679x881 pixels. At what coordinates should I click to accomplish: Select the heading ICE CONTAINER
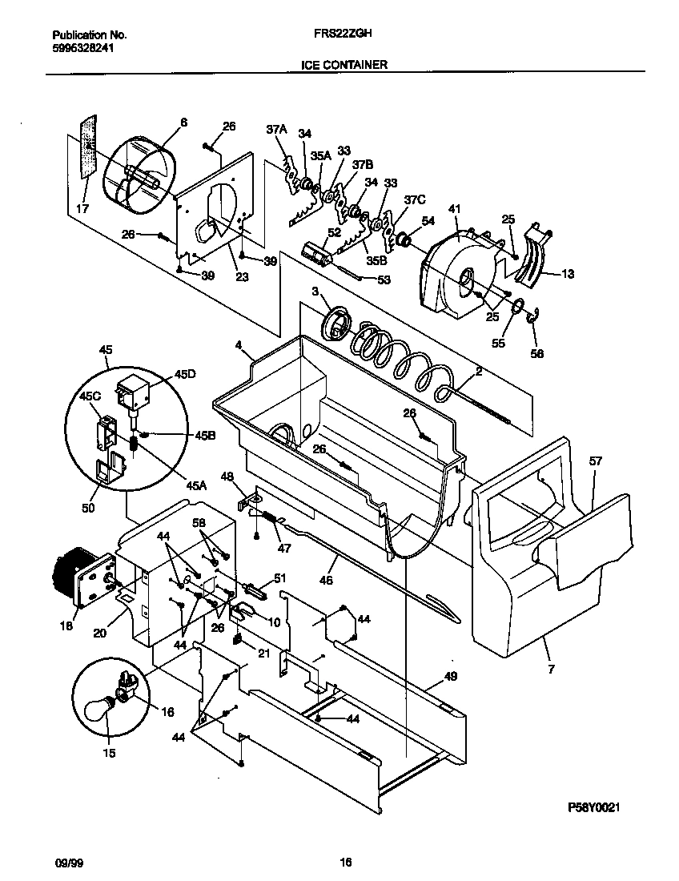(344, 64)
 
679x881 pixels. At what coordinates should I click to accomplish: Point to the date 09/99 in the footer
(66, 863)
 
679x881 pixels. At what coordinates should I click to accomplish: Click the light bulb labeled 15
(101, 709)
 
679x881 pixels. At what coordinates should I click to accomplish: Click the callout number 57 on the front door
(596, 461)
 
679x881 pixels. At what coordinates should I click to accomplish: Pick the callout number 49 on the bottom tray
(450, 676)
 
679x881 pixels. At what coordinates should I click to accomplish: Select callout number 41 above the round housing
(455, 210)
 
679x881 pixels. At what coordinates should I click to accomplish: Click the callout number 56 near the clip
(536, 352)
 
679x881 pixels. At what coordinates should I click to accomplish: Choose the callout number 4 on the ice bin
(238, 346)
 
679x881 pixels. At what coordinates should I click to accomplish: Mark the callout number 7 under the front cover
(549, 666)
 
